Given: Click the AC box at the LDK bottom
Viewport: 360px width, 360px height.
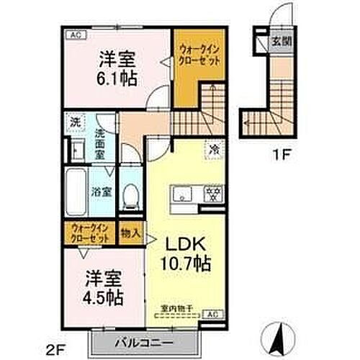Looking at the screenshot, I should pos(212,315).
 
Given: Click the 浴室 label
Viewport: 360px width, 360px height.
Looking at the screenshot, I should pos(101,192).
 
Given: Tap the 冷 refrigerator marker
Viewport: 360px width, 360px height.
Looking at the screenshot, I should pos(215,150).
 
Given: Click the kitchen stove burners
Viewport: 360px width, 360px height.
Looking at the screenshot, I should pos(214,192).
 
